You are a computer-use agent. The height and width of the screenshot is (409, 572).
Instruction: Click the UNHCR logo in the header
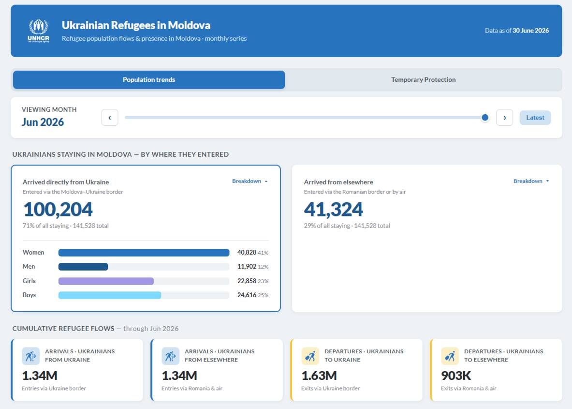pyautogui.click(x=38, y=31)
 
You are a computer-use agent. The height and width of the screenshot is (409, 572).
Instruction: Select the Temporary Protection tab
pyautogui.click(x=423, y=79)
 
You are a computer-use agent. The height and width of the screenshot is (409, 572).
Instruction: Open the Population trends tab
pyautogui.click(x=149, y=79)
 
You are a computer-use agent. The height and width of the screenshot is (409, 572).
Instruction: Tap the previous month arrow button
pyautogui.click(x=110, y=118)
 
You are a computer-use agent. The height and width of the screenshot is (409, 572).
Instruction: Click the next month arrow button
pyautogui.click(x=504, y=118)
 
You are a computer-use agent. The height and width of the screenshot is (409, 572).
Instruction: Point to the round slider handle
pyautogui.click(x=485, y=118)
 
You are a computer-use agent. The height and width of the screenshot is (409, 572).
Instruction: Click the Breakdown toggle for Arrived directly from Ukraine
pyautogui.click(x=250, y=181)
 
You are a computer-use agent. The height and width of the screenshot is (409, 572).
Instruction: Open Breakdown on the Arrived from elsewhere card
pyautogui.click(x=531, y=181)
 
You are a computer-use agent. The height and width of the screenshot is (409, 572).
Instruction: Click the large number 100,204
pyautogui.click(x=58, y=209)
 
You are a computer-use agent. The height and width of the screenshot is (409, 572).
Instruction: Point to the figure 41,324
pyautogui.click(x=334, y=209)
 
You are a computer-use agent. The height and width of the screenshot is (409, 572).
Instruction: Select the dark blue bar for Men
pyautogui.click(x=83, y=267)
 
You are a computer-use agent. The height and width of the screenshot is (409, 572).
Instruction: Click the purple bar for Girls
pyautogui.click(x=106, y=281)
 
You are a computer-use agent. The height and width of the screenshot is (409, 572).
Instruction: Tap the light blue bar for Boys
pyautogui.click(x=110, y=295)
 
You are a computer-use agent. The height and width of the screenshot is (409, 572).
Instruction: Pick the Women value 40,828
pyautogui.click(x=247, y=252)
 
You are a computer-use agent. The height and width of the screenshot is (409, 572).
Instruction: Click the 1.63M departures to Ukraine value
pyautogui.click(x=319, y=376)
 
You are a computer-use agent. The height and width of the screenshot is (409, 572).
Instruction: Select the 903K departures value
pyautogui.click(x=456, y=376)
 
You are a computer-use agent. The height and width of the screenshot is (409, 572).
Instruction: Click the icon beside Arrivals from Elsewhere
pyautogui.click(x=170, y=356)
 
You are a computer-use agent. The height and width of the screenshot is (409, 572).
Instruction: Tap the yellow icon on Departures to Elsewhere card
pyautogui.click(x=450, y=356)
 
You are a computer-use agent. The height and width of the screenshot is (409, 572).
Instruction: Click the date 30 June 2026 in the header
pyautogui.click(x=531, y=30)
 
